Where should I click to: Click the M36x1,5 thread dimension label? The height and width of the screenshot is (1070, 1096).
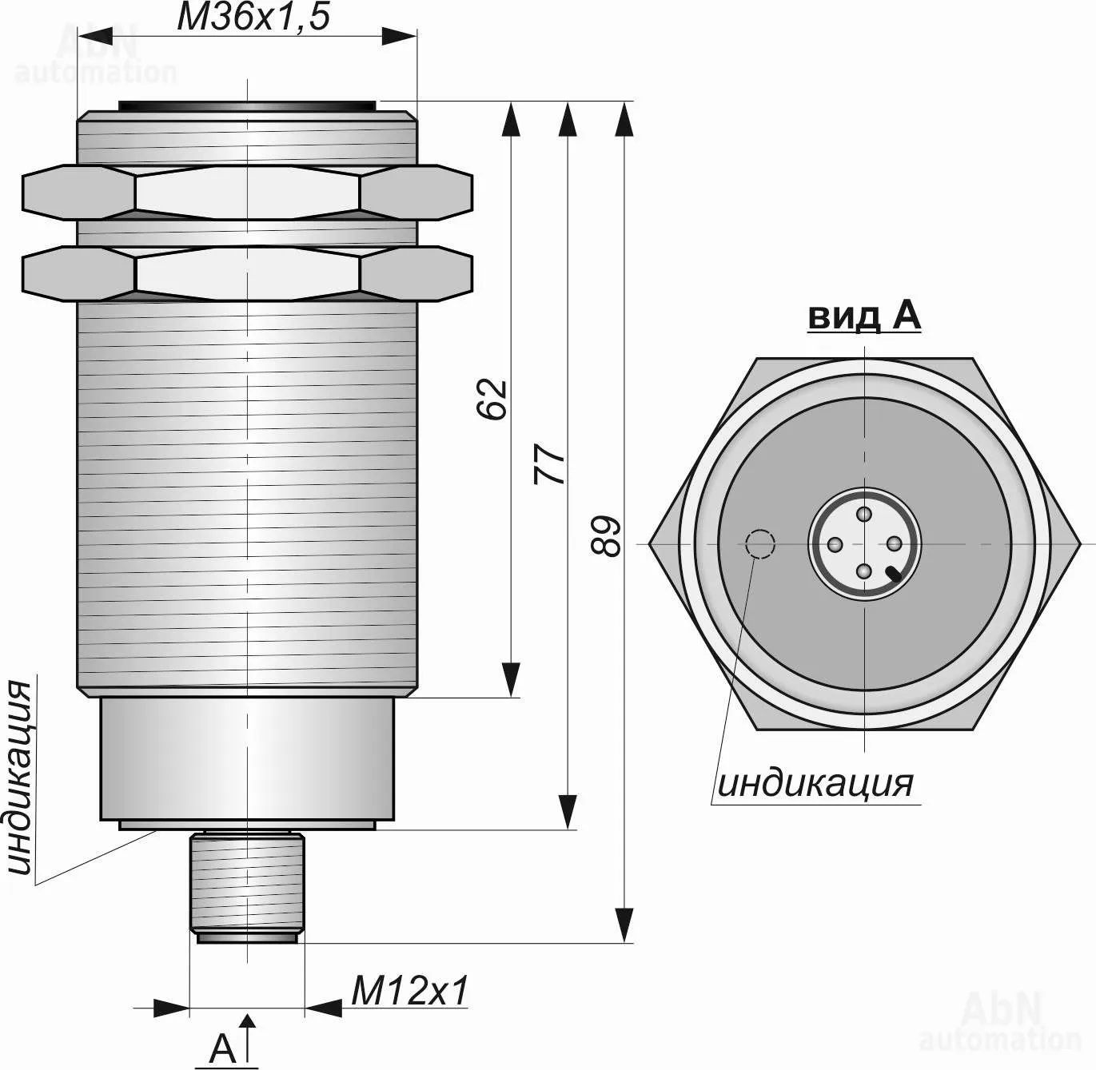tap(253, 17)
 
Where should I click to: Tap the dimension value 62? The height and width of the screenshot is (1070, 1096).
tap(492, 400)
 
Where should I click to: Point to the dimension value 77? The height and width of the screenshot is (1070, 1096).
tap(548, 464)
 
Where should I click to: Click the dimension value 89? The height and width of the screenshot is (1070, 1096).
tap(605, 536)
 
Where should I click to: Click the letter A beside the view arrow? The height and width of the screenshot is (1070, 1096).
tap(223, 1048)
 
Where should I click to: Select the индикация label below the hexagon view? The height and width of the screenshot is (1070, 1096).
tap(815, 783)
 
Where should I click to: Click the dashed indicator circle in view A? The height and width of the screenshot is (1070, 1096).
tap(759, 544)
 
